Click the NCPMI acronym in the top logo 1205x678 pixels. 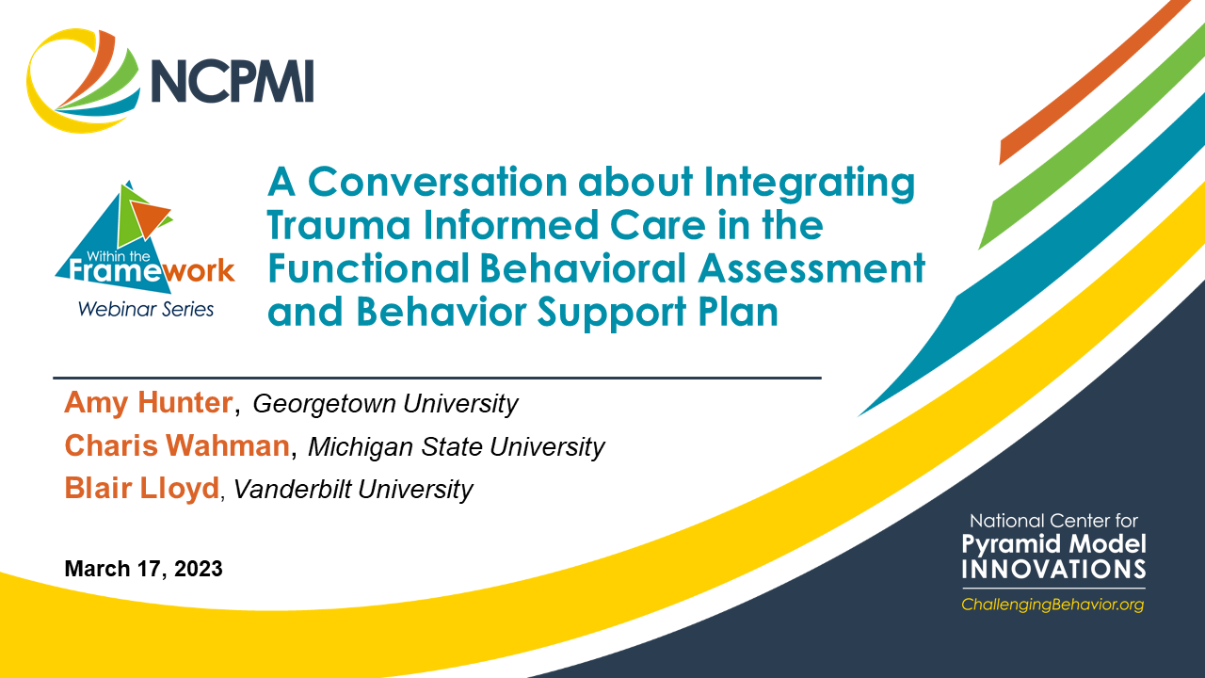click(233, 81)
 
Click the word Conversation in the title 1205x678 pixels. click(438, 182)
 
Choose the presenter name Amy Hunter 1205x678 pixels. click(149, 403)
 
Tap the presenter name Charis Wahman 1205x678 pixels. click(178, 445)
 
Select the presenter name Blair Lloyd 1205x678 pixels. click(142, 488)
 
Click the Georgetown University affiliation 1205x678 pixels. click(385, 404)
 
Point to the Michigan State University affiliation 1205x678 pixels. click(457, 447)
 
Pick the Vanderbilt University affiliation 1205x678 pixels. click(353, 490)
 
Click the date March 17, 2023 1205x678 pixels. click(144, 569)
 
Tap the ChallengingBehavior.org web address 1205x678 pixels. click(1052, 605)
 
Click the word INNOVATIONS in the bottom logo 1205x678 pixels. click(1053, 570)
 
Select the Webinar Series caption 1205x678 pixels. click(146, 310)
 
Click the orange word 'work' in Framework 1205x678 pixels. click(199, 270)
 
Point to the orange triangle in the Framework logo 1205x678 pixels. click(149, 217)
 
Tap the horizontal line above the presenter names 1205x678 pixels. click(437, 379)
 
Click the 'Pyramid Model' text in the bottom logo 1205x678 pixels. click(1053, 544)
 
